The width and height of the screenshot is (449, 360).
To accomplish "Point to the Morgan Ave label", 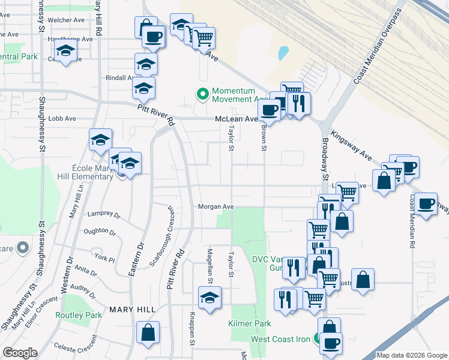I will tap(216, 206).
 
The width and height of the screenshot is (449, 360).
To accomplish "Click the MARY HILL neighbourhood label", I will tap(132, 310).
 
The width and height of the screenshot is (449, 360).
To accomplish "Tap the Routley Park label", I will tap(79, 315).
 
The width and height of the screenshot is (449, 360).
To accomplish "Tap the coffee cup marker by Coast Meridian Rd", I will tap(427, 204).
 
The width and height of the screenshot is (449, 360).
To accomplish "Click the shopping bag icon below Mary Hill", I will tap(148, 332).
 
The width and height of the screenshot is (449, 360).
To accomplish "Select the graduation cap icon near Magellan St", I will tap(209, 297).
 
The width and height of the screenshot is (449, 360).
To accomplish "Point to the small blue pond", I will tap(283, 53).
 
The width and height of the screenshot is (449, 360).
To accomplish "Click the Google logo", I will tap(20, 353).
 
